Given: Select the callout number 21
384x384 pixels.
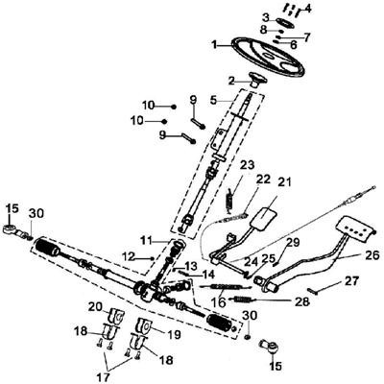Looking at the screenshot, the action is (284, 182).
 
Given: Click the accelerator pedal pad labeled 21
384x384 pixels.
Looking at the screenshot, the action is (264, 220).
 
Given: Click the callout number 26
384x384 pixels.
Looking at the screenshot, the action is (372, 255).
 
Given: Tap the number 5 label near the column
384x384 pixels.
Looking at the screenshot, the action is (214, 99).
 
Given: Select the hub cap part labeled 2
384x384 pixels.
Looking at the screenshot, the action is (258, 79).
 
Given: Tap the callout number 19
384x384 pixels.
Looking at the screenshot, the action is (173, 335).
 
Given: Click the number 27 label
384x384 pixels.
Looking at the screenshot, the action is (351, 281).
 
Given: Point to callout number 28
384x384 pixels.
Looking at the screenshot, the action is (302, 301).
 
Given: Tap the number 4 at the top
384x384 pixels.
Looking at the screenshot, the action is (307, 8).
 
